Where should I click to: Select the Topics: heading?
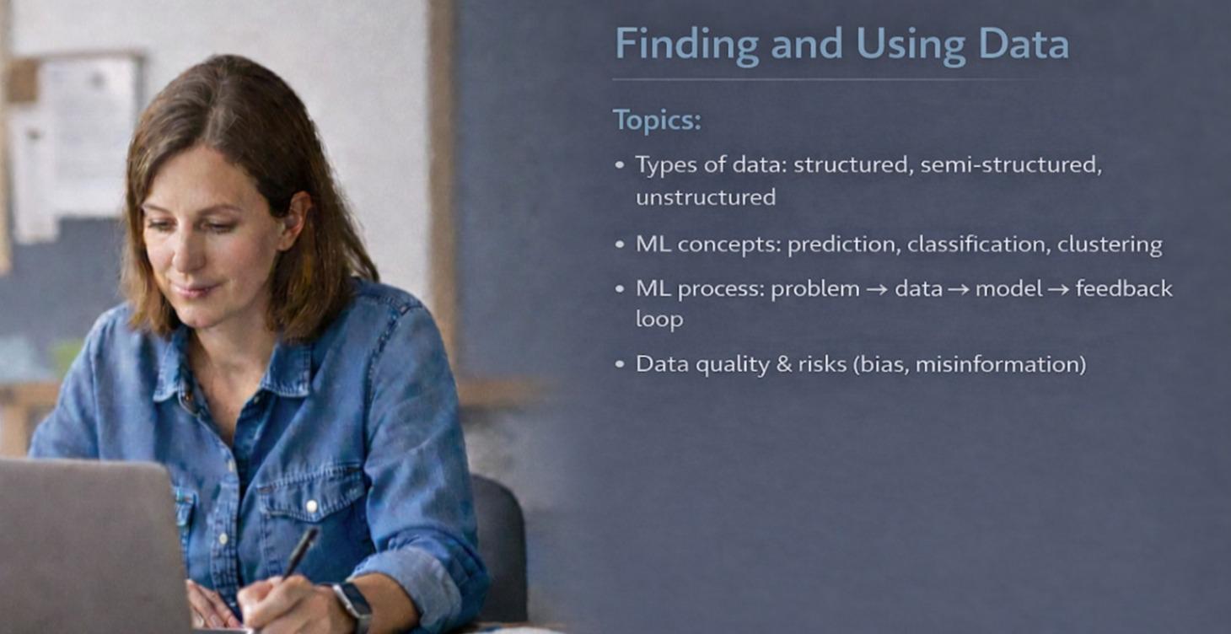point(657,120)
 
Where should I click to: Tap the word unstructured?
point(705,197)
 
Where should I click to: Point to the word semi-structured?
point(1011,165)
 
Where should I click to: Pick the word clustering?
point(1110,245)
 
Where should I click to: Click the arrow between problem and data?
point(877,289)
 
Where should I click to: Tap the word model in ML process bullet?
point(1008,289)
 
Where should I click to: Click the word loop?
point(659,320)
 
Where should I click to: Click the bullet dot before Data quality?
point(621,365)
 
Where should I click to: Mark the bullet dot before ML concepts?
point(621,245)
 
